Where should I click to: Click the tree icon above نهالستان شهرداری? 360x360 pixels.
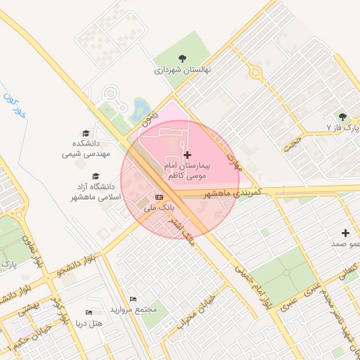pyautogui.click(x=183, y=59)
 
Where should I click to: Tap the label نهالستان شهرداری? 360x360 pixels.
pyautogui.click(x=183, y=70)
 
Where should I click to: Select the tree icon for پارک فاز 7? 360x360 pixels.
pyautogui.click(x=342, y=117)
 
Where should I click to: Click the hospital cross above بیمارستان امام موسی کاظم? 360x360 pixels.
pyautogui.click(x=187, y=154)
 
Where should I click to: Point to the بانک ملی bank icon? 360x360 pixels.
pyautogui.click(x=159, y=198)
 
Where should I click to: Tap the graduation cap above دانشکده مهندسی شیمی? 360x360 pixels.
pyautogui.click(x=86, y=133)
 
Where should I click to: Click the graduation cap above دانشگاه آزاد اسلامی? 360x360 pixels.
pyautogui.click(x=96, y=176)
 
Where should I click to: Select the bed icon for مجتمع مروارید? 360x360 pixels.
pyautogui.click(x=134, y=299)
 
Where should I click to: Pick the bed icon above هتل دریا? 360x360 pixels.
pyautogui.click(x=89, y=312)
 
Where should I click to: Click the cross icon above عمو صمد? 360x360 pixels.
pyautogui.click(x=345, y=233)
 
